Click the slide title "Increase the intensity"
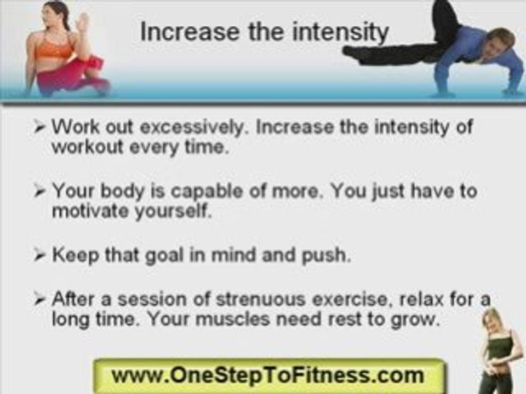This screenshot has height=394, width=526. coord(265,32)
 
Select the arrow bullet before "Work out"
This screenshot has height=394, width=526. coord(39,127)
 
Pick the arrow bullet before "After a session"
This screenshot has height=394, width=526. coord(39,299)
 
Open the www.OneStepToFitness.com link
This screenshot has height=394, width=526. coord(267,375)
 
